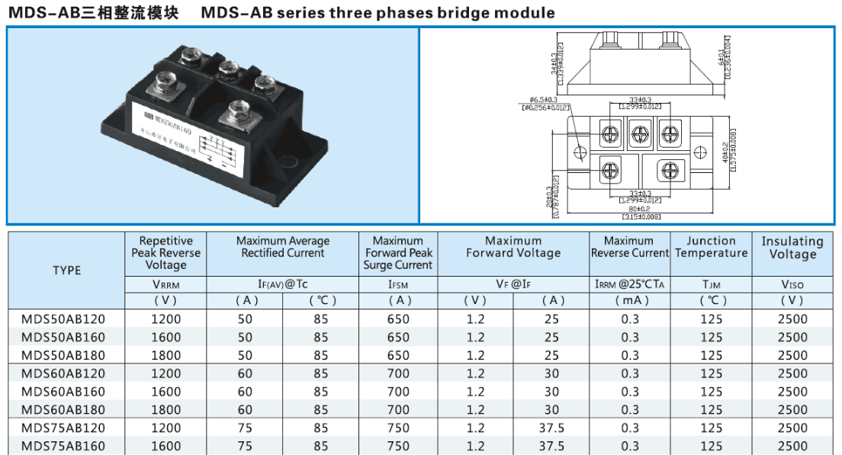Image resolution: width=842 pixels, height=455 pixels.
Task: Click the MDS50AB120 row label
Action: tap(63, 319)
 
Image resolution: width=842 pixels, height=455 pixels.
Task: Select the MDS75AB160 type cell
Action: tap(63, 447)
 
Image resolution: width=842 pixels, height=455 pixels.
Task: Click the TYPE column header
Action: tap(66, 271)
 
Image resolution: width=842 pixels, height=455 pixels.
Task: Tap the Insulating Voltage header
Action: tap(792, 248)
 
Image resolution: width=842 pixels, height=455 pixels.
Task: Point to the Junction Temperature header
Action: tap(711, 247)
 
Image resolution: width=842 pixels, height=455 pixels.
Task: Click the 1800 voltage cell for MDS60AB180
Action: tap(166, 410)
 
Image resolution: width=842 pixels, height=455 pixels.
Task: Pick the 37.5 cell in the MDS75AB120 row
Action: tap(551, 428)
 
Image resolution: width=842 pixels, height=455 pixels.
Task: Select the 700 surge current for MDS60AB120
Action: tap(397, 373)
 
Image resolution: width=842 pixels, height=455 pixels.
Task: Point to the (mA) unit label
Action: tap(630, 300)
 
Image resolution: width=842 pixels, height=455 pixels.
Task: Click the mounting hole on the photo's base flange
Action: tap(288, 161)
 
